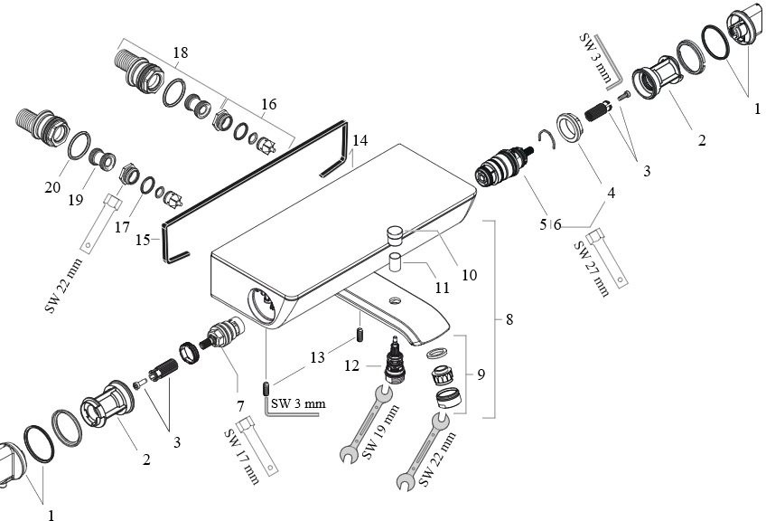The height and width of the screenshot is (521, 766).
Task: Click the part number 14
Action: (360, 141)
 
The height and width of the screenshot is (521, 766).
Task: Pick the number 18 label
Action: (180, 53)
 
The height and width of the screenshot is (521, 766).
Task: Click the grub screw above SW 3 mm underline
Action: (266, 389)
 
